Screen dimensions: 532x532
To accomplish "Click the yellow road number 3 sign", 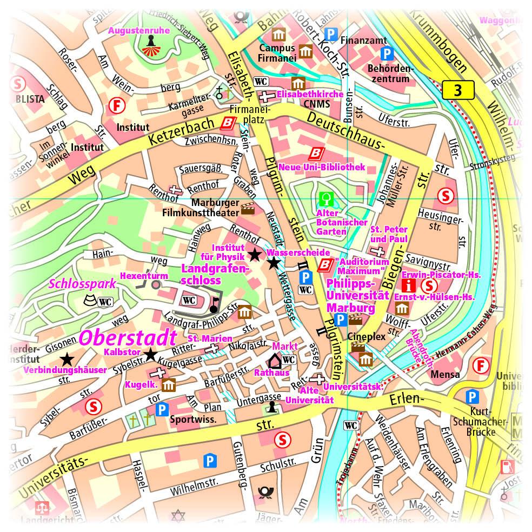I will (458, 90).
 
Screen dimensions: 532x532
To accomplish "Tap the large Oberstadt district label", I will (128, 338).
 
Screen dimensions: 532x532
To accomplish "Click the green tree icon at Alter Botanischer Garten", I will (325, 198).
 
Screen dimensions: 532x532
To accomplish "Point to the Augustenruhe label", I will (139, 31).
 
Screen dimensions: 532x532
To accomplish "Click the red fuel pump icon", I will (507, 465).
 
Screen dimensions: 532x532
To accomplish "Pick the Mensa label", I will (446, 374).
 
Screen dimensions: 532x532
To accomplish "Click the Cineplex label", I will (367, 336).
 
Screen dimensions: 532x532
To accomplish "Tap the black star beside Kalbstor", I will (150, 354).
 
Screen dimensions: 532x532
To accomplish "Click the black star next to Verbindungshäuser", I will (66, 358).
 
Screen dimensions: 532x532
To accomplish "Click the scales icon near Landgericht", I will (41, 507).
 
